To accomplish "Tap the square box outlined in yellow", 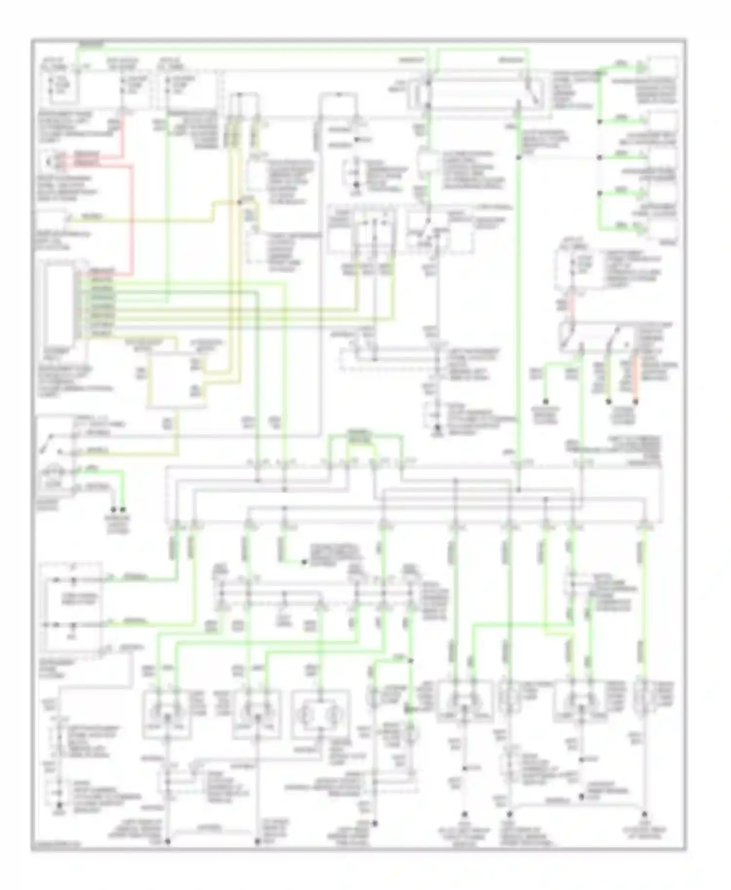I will pos(177,380).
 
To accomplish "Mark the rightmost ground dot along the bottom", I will pos(644,814).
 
